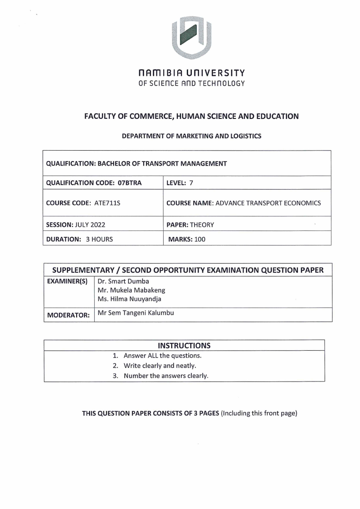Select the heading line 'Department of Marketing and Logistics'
[x=192, y=136]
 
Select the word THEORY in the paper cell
[x=202, y=224]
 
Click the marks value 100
[x=199, y=239]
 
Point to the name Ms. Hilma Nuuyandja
[x=129, y=299]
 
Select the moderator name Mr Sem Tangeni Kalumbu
[x=136, y=313]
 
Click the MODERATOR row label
[x=68, y=314]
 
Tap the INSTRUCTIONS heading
[x=184, y=346]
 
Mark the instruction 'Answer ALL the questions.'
[x=162, y=355]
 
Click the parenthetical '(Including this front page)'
[x=258, y=413]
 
